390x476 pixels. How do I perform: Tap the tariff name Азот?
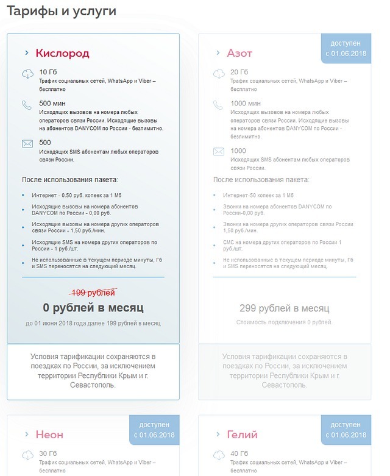pyautogui.click(x=239, y=53)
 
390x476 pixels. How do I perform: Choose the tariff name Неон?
pyautogui.click(x=49, y=435)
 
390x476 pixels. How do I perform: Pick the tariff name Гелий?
pyautogui.click(x=242, y=435)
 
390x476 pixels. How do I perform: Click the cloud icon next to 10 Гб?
pyautogui.click(x=27, y=74)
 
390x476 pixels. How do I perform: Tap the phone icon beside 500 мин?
pyautogui.click(x=27, y=105)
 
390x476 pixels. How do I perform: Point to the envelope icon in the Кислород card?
pyautogui.click(x=27, y=144)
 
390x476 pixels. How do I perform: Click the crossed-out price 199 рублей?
pyautogui.click(x=93, y=293)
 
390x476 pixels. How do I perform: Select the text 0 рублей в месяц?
pyautogui.click(x=93, y=308)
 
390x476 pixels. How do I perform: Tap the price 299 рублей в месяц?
pyautogui.click(x=285, y=308)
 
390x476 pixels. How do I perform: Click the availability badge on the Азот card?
pyautogui.click(x=346, y=49)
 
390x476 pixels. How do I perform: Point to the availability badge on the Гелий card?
pyautogui.click(x=346, y=430)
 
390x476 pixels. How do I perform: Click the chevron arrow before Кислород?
pyautogui.click(x=27, y=53)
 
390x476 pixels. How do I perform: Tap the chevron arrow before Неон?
pyautogui.click(x=27, y=435)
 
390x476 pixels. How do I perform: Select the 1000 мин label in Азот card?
pyautogui.click(x=246, y=104)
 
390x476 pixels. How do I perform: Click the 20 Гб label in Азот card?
pyautogui.click(x=239, y=73)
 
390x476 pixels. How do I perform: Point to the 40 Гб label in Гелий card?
pyautogui.click(x=239, y=453)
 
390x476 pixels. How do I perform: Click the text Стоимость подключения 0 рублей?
pyautogui.click(x=285, y=322)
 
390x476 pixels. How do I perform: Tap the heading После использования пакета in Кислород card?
pyautogui.click(x=69, y=180)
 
